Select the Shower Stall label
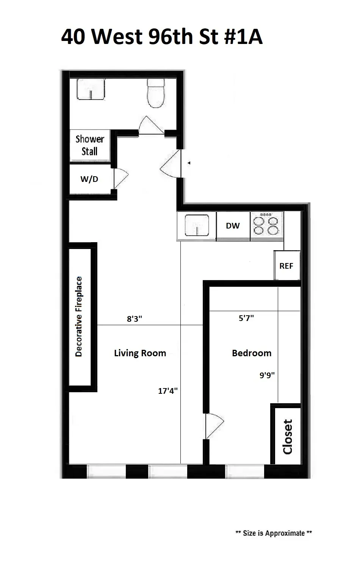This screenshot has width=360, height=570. tap(89, 145)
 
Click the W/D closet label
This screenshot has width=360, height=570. tap(89, 179)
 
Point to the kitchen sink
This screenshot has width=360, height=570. tap(197, 226)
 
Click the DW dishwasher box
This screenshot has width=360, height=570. tap(233, 226)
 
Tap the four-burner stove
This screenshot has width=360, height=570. tap(266, 226)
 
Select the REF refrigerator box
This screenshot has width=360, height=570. tap(286, 266)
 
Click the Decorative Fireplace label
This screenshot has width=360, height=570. tap(79, 316)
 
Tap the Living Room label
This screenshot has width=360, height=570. tap(140, 353)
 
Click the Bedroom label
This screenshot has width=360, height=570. tap(252, 353)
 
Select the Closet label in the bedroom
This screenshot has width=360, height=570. tap(288, 437)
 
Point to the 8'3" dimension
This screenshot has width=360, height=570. tap(134, 319)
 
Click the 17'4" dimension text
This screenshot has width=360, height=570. tap(168, 391)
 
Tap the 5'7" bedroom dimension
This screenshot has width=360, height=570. tap(246, 318)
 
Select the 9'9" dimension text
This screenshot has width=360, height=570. tap(267, 376)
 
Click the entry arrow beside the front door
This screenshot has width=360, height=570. tap(189, 163)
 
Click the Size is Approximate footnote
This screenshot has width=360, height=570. tap(274, 533)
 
